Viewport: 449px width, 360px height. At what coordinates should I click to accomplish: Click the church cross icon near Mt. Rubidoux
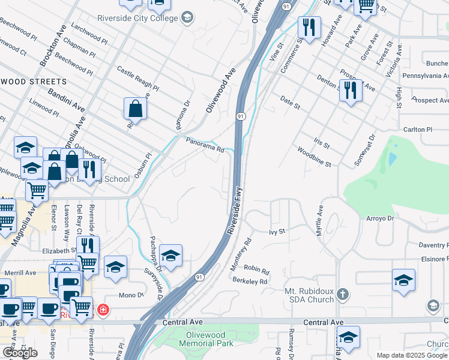click(342, 294)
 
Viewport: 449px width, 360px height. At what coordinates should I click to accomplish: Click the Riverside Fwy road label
click(234, 213)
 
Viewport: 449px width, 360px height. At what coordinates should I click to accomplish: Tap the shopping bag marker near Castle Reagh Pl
click(136, 109)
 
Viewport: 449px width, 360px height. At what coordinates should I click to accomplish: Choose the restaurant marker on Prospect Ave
click(351, 91)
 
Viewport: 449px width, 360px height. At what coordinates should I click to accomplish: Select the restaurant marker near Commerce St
click(309, 28)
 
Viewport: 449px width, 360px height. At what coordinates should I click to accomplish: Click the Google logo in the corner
click(20, 353)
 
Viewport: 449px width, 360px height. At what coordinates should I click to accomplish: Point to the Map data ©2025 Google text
click(411, 355)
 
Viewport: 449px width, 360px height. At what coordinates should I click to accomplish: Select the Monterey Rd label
click(241, 253)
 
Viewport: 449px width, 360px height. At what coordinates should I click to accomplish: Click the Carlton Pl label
click(417, 129)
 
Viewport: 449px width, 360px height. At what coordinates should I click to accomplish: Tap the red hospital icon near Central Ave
click(104, 310)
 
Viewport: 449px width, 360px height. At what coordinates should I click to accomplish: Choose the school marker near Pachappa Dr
click(170, 256)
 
